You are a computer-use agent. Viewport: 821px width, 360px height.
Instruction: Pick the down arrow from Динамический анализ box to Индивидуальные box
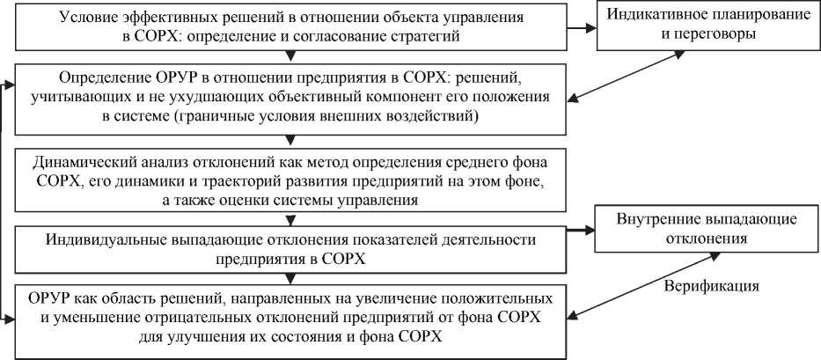286,220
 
